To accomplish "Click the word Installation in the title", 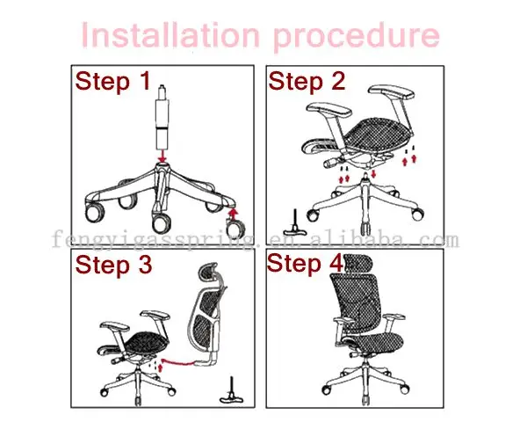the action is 170,34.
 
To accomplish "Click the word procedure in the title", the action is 357,37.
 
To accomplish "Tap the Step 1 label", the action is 112,82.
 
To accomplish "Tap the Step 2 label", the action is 307,82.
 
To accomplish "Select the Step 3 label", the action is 113,266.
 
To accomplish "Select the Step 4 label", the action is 305,264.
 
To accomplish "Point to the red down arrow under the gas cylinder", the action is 162,156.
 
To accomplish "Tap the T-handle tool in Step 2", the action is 295,223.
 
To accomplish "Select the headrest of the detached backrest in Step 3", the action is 209,272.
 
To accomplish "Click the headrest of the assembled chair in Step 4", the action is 357,263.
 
